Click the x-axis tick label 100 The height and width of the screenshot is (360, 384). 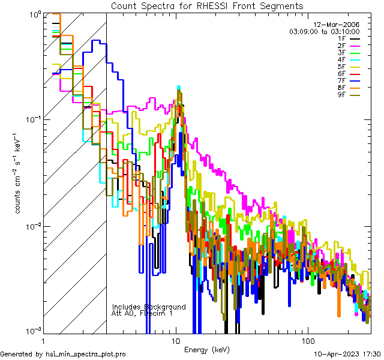(x=307, y=340)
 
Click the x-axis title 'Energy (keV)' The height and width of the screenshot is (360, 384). (x=207, y=349)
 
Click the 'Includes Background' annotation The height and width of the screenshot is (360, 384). (x=149, y=307)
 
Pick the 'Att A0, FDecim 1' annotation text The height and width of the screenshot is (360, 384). (x=142, y=313)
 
